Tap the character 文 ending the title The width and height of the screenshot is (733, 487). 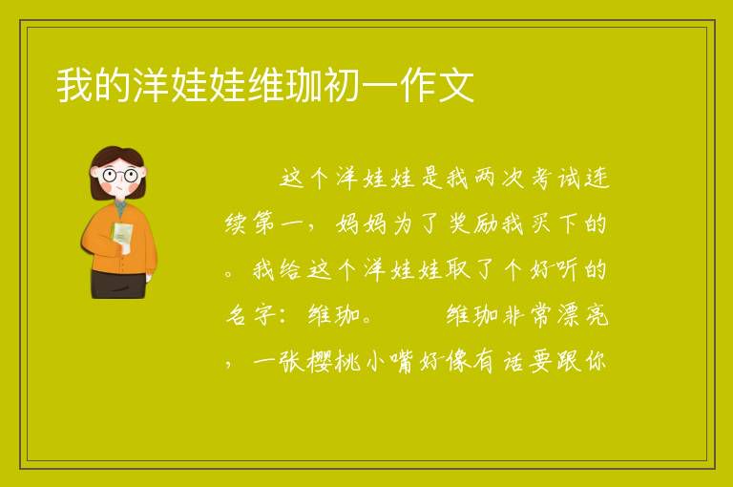456,85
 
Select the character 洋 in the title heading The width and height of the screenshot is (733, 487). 151,85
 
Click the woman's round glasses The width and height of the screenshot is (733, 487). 119,176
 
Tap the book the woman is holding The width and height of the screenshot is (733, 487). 122,234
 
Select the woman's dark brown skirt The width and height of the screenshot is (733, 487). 118,284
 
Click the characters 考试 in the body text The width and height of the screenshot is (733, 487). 555,179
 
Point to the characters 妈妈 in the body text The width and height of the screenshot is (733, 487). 361,224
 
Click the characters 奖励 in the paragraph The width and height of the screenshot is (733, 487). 473,224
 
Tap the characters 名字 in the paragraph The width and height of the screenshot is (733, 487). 251,315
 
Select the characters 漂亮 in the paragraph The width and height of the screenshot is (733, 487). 582,315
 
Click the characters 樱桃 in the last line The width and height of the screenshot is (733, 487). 334,361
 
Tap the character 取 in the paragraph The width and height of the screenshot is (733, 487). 458,270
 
